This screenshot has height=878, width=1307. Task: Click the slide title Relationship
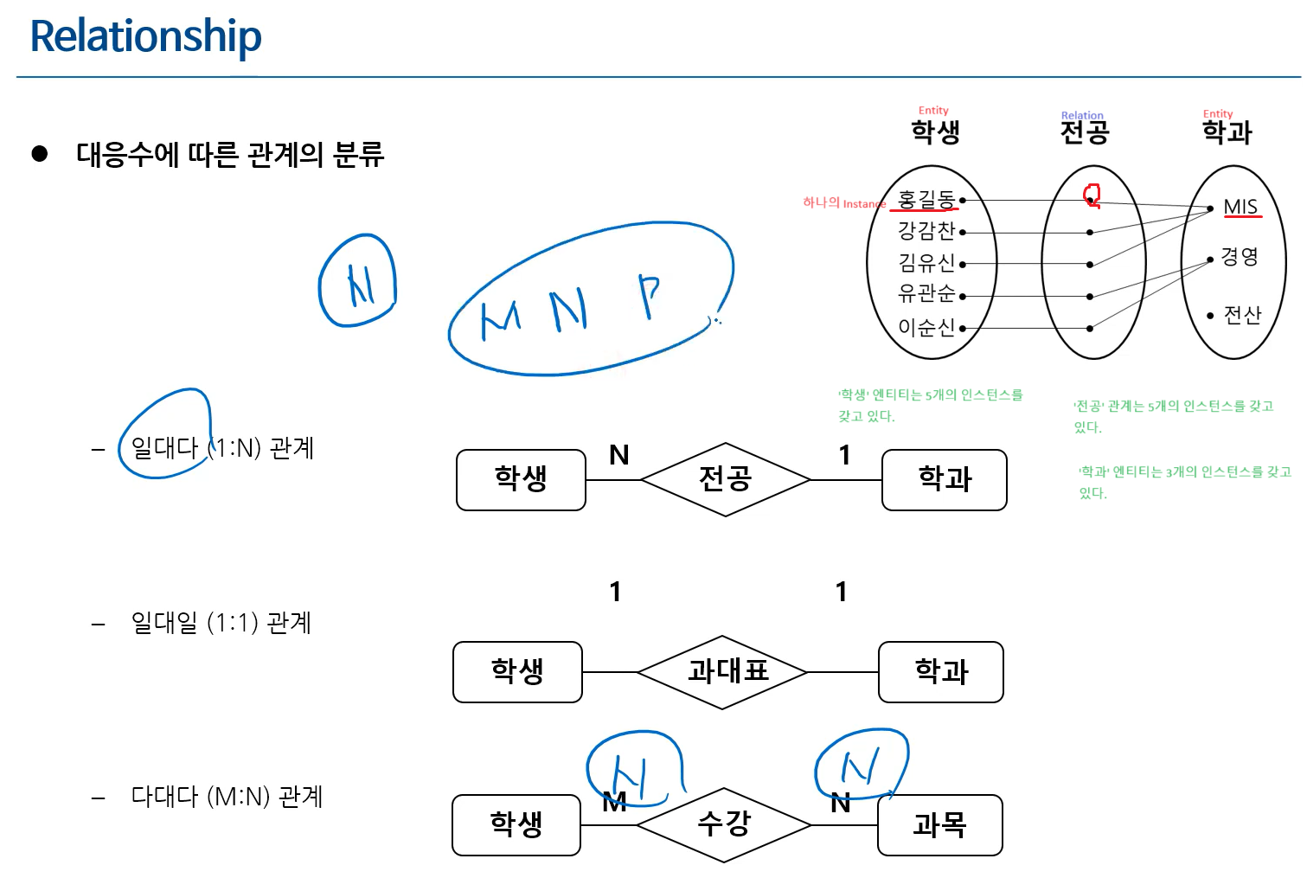145,36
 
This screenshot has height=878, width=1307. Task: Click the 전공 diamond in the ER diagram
725,479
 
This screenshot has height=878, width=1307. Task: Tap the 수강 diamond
724,824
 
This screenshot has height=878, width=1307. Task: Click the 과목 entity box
939,825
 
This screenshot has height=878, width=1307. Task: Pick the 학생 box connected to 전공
521,479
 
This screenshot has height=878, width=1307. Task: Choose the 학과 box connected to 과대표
941,672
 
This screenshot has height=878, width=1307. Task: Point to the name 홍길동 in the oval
926,200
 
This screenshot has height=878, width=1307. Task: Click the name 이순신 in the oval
926,328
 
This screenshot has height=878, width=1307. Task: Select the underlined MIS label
1240,207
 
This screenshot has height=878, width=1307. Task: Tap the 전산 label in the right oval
1242,315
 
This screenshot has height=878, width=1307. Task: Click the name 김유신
926,263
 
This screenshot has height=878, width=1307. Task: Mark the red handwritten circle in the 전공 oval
1092,195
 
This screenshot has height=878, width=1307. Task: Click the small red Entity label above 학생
933,111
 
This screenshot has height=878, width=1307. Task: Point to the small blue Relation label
1082,115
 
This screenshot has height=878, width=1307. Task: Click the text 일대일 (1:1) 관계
221,623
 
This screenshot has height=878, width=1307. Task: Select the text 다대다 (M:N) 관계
227,796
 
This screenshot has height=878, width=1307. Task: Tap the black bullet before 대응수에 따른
40,154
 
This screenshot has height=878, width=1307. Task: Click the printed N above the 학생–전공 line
618,455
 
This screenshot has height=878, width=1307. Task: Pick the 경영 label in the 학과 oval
1239,257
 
